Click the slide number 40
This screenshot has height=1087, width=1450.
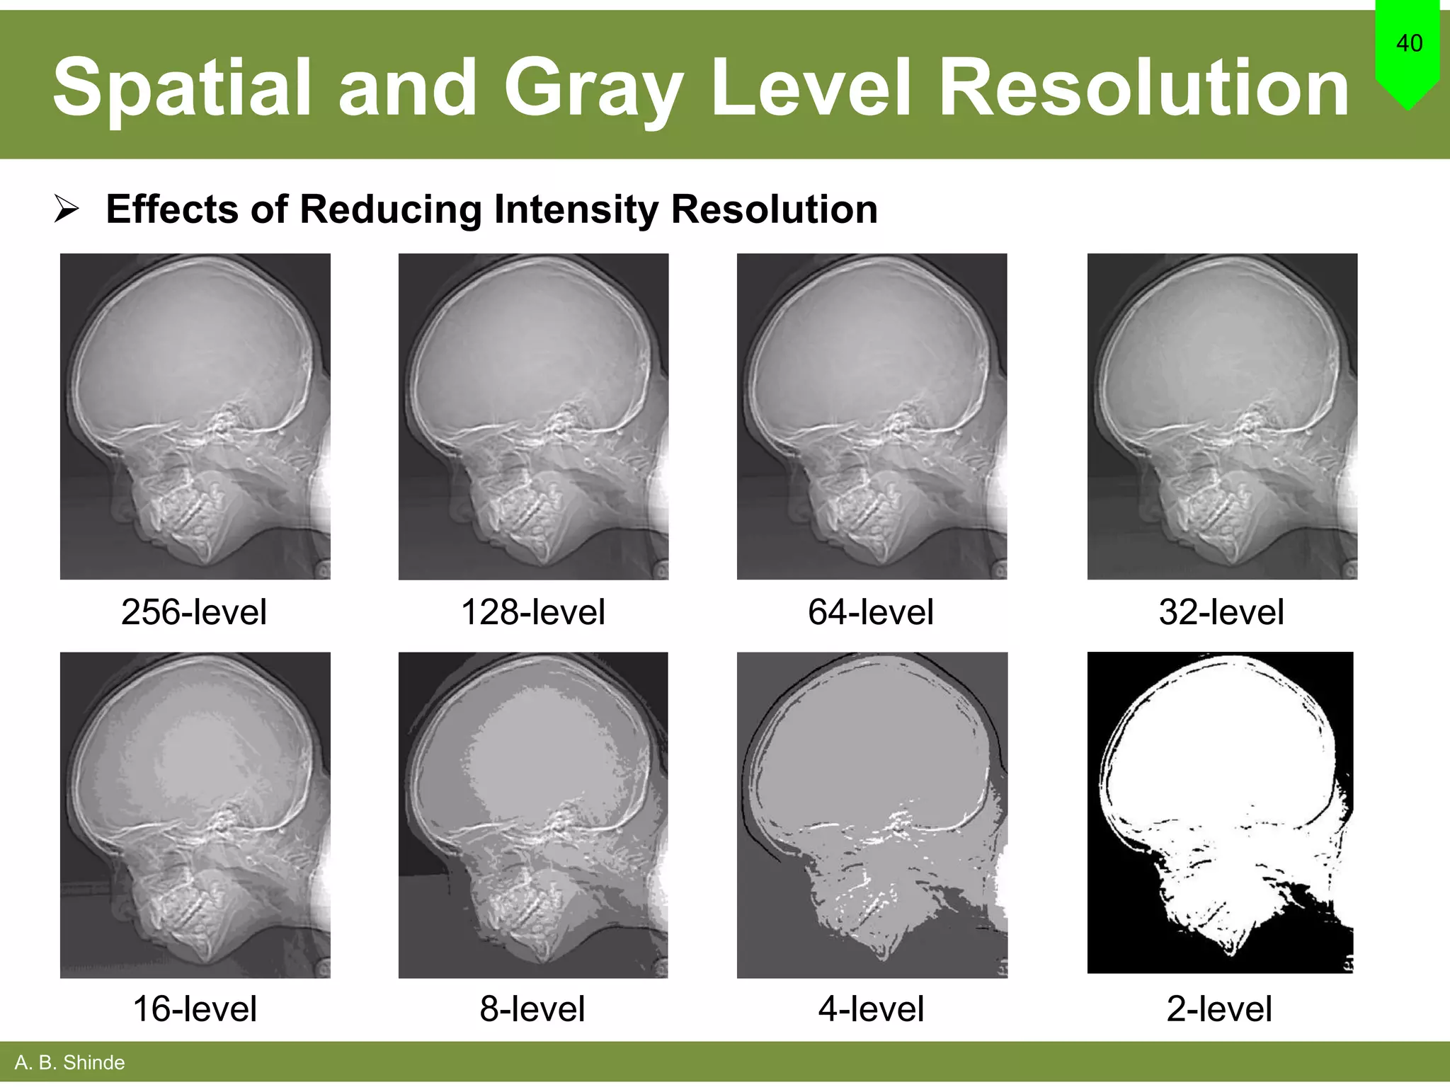(x=1409, y=43)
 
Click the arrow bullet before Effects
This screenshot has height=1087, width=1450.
(x=67, y=209)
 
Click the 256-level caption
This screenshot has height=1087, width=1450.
(x=194, y=612)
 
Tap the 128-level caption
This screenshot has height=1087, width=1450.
(x=532, y=612)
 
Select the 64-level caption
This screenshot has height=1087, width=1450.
(x=871, y=612)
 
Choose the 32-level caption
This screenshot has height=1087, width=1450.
(x=1221, y=612)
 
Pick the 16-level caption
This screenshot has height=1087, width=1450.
(x=195, y=1008)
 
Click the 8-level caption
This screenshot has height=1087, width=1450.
(x=532, y=1008)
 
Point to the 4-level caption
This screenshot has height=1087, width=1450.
(x=871, y=1008)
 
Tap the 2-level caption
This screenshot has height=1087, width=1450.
(x=1219, y=1008)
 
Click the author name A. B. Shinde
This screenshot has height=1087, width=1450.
(x=69, y=1062)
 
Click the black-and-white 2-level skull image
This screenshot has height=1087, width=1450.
(x=1220, y=812)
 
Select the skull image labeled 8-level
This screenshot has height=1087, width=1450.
(x=533, y=815)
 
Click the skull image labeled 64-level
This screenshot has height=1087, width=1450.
(x=872, y=416)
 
